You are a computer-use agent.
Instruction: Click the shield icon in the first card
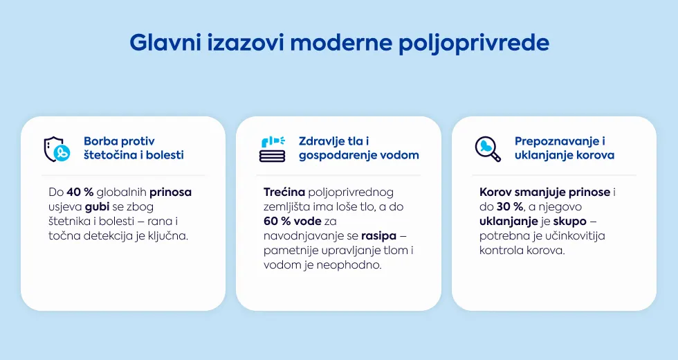57,150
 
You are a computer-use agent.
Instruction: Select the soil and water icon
273,149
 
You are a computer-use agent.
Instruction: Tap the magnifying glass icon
488,149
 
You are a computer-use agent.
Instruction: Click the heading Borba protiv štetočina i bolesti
134,148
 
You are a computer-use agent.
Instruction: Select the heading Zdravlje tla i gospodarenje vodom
359,148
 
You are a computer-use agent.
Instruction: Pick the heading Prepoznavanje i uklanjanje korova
565,148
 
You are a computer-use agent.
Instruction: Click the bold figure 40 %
80,192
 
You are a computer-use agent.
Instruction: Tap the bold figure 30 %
510,207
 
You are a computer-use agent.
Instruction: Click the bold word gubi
97,207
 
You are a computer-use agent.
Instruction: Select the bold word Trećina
284,192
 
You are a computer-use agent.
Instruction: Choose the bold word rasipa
379,237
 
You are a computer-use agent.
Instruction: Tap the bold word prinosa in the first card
170,193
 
